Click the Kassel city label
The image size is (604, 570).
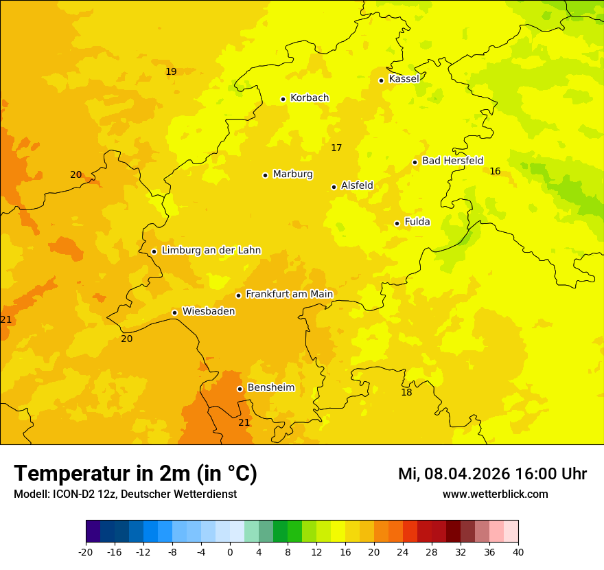tap(404, 79)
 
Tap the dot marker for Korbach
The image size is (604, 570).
tap(283, 99)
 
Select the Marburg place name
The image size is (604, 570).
tap(292, 174)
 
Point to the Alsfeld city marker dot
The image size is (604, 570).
tap(334, 187)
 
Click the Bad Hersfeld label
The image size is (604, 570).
tap(452, 161)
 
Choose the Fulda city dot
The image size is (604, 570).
tap(397, 223)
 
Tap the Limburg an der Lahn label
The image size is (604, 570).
tap(211, 251)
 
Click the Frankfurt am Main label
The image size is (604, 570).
tap(289, 295)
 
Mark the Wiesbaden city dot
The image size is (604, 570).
tap(174, 312)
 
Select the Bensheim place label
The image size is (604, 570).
tap(270, 388)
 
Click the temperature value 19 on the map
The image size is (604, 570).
tap(171, 71)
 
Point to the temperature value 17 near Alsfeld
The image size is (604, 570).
tap(336, 148)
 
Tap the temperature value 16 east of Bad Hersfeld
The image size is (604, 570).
tap(495, 171)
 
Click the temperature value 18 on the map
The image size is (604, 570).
tap(406, 392)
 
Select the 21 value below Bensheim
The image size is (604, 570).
tap(244, 422)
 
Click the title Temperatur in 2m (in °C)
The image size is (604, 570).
tap(135, 473)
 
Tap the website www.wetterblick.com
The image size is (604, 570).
tap(495, 494)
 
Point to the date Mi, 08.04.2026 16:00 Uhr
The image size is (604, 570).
tap(492, 474)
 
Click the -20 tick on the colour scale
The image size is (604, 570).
tap(86, 551)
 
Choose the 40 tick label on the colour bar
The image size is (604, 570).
tap(518, 551)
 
